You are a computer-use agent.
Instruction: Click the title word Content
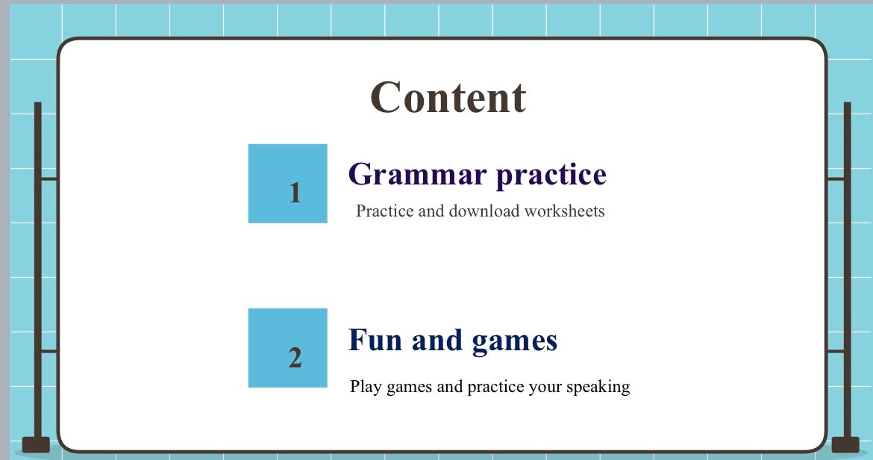(x=448, y=97)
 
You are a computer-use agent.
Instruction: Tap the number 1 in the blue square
(x=295, y=193)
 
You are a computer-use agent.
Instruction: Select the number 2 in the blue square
(x=295, y=358)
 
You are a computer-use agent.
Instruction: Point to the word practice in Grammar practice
(x=551, y=175)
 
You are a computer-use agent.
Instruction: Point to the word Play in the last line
(x=366, y=387)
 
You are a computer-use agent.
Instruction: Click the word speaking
(x=598, y=387)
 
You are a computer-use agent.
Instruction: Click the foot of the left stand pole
(x=37, y=445)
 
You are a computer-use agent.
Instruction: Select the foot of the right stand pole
(x=845, y=445)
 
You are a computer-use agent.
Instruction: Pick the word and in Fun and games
(x=437, y=341)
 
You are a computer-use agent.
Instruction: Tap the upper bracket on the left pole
(x=49, y=178)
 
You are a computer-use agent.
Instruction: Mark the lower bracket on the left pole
(x=49, y=352)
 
